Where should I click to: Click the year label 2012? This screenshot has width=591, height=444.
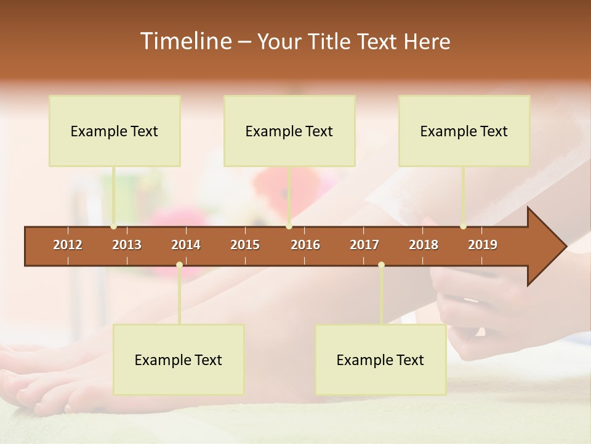pos(68,245)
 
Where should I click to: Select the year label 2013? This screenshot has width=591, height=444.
pos(127,245)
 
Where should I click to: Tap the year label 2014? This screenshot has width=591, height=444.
pos(186,245)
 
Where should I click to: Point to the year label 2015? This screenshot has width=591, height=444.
pos(245,245)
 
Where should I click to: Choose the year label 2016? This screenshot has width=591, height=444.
pos(305,245)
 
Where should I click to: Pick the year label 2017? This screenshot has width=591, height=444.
pos(364,245)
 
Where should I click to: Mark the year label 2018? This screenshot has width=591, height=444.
pos(424,245)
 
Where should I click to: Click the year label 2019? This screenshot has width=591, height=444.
pos(483,245)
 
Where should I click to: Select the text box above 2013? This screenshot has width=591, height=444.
pos(115,131)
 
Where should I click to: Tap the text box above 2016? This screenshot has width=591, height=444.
pos(289,131)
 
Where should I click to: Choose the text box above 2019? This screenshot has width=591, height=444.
pos(464,131)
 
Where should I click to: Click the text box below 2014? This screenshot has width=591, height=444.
pos(179,360)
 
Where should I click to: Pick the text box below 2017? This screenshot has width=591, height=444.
pos(380,360)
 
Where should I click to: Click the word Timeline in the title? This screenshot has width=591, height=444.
pos(185,41)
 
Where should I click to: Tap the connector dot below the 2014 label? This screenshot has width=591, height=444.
pos(179,265)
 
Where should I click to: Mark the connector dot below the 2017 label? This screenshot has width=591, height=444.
pos(381,265)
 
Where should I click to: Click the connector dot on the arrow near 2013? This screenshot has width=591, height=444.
pos(114,226)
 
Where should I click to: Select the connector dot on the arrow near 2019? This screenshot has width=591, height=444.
pos(463,226)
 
